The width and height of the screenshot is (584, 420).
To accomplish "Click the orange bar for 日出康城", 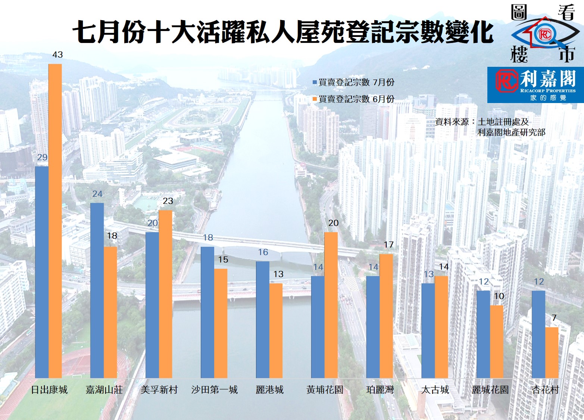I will pyautogui.click(x=55, y=221).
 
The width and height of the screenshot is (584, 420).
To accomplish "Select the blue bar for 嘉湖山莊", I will pyautogui.click(x=97, y=290).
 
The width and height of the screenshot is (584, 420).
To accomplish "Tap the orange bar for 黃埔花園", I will pyautogui.click(x=331, y=305).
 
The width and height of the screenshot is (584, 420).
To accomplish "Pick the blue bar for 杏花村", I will pyautogui.click(x=538, y=334).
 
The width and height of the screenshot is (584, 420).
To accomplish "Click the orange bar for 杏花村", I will pyautogui.click(x=552, y=352).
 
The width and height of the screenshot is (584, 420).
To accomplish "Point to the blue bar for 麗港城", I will pyautogui.click(x=262, y=320).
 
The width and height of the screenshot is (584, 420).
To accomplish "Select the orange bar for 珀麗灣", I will pyautogui.click(x=386, y=316).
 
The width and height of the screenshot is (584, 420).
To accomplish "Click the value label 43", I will pyautogui.click(x=57, y=55).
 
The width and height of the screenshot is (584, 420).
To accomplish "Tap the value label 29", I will pyautogui.click(x=42, y=157).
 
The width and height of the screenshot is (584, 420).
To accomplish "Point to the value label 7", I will pyautogui.click(x=554, y=318).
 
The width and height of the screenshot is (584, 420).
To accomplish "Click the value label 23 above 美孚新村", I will pyautogui.click(x=168, y=201).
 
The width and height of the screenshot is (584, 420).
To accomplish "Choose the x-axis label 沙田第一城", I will pyautogui.click(x=215, y=390).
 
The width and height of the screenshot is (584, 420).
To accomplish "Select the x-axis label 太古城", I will pyautogui.click(x=435, y=390).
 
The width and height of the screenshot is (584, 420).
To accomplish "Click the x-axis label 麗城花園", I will pyautogui.click(x=490, y=390).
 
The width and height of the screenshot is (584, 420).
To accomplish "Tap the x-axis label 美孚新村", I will pyautogui.click(x=159, y=390).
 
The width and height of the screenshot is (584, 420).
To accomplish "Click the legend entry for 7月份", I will pyautogui.click(x=353, y=82).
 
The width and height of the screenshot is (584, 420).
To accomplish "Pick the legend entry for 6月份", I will pyautogui.click(x=353, y=99).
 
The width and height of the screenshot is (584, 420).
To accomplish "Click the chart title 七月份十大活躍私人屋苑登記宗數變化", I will pyautogui.click(x=283, y=32).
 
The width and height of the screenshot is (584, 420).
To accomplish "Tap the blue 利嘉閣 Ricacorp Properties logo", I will pyautogui.click(x=535, y=85).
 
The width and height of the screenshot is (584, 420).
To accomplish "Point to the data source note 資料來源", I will pyautogui.click(x=490, y=127).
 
